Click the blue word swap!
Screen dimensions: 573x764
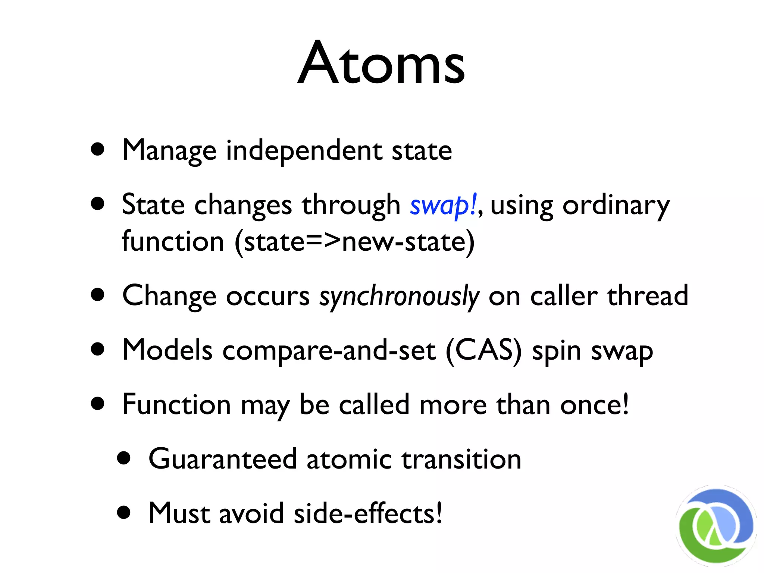(x=443, y=206)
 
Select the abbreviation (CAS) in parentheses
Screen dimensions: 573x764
(x=484, y=351)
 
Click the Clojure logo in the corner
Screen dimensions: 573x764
(x=716, y=526)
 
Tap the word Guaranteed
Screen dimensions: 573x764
(x=222, y=459)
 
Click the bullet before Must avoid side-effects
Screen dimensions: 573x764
(x=124, y=513)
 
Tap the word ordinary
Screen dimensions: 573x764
(x=616, y=206)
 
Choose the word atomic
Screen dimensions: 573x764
(x=349, y=459)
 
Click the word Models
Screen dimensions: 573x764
(x=167, y=351)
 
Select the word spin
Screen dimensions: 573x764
(x=556, y=351)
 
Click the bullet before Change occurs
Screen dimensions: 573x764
(x=98, y=295)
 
